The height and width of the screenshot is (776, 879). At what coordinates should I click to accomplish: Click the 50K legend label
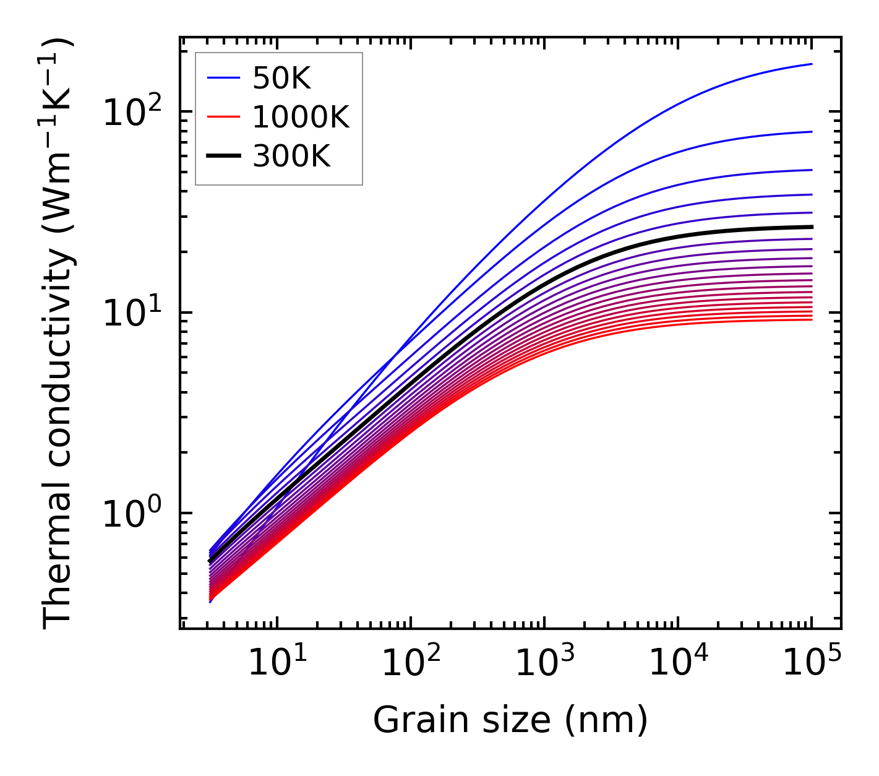click(281, 79)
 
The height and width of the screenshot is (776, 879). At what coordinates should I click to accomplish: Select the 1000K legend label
click(301, 118)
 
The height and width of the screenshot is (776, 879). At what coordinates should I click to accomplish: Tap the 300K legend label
click(291, 157)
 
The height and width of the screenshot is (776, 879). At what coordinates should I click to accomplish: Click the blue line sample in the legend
click(223, 78)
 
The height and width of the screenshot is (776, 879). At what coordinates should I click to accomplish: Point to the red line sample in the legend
click(223, 117)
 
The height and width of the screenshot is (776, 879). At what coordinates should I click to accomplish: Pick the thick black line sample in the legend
click(223, 157)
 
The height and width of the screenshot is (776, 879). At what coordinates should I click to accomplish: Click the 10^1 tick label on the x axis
click(277, 663)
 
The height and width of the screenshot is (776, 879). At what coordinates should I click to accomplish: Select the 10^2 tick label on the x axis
click(411, 663)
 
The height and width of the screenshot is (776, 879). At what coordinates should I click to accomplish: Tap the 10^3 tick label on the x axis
click(544, 663)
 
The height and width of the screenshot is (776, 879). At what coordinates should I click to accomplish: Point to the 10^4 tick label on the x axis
click(678, 663)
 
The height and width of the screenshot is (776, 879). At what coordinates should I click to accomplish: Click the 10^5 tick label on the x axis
click(812, 663)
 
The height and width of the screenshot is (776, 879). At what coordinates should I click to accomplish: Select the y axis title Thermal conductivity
click(59, 334)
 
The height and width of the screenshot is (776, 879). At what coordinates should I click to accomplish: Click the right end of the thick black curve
click(811, 226)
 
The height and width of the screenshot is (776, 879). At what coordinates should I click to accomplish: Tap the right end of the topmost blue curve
click(811, 64)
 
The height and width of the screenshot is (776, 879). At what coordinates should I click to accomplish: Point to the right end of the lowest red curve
click(811, 319)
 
